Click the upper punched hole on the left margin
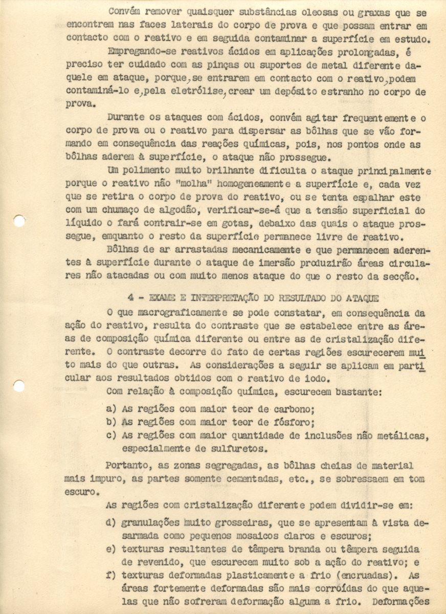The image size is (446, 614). point(19,221)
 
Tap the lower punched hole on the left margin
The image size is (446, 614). point(19,386)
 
